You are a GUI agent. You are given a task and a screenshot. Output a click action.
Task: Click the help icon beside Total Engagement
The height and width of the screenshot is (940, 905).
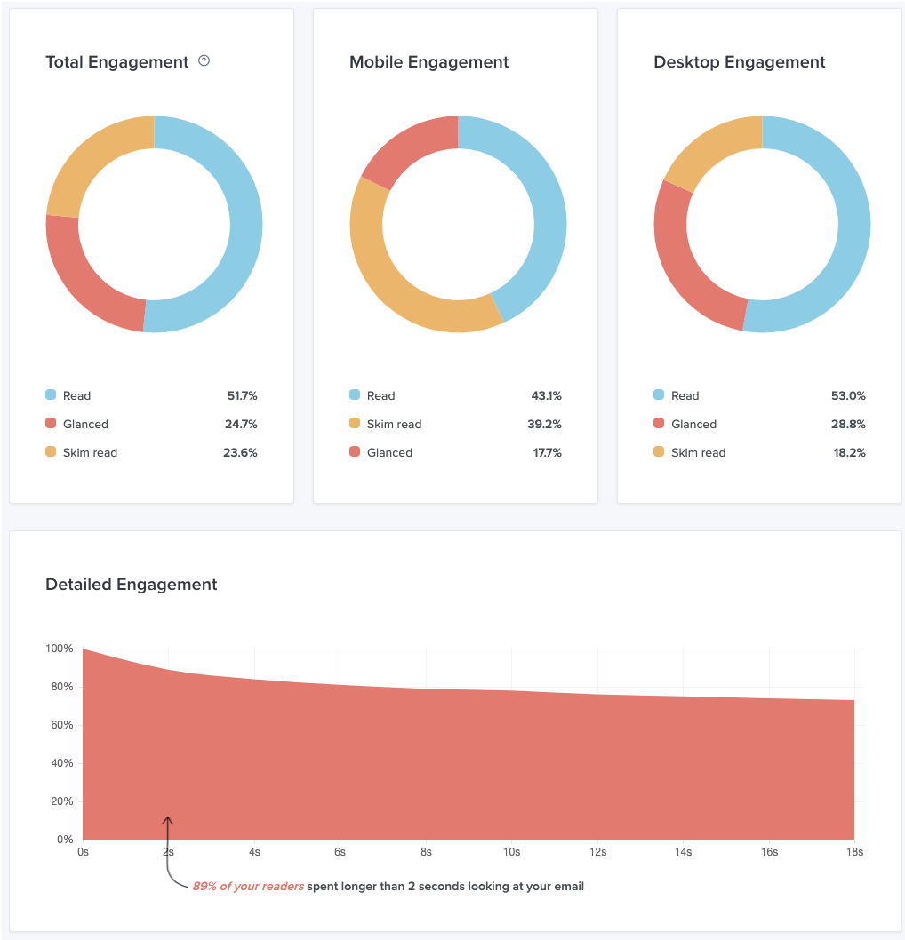(x=204, y=61)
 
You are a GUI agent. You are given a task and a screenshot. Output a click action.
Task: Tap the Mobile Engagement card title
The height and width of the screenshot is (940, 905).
(x=428, y=62)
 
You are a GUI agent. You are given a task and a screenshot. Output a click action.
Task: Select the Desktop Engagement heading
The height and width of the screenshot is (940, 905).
(x=739, y=62)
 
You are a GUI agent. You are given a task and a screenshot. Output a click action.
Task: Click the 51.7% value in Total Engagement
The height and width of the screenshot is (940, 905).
(x=240, y=395)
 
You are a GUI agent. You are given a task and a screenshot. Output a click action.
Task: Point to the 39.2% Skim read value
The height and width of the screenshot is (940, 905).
(x=544, y=424)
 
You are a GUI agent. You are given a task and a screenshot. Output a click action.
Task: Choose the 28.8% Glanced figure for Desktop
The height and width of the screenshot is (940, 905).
(x=848, y=424)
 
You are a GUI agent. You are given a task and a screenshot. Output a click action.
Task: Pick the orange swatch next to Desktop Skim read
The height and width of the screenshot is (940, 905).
(x=659, y=452)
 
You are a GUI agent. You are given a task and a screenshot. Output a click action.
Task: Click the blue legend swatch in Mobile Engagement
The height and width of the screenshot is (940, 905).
(x=355, y=395)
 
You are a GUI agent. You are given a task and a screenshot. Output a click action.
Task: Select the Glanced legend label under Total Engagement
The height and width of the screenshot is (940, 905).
(x=85, y=424)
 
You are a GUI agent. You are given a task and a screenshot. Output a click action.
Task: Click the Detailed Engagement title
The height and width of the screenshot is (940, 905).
(x=132, y=585)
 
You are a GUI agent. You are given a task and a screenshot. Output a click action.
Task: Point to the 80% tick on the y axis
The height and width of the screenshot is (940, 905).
(x=60, y=687)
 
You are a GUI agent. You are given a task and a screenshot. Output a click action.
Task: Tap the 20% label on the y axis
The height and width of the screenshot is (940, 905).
(x=60, y=801)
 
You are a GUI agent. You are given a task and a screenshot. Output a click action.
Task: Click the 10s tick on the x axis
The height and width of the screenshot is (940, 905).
(x=512, y=852)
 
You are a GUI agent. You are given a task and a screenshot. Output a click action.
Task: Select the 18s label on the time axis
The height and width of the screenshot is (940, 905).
(x=854, y=852)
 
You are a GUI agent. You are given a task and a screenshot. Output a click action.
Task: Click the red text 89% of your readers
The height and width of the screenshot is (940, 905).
(x=248, y=886)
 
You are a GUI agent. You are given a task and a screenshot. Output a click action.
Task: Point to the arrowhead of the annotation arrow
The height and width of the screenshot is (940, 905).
(x=167, y=819)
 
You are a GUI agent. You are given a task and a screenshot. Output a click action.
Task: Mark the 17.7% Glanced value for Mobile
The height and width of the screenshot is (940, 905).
(x=544, y=452)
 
